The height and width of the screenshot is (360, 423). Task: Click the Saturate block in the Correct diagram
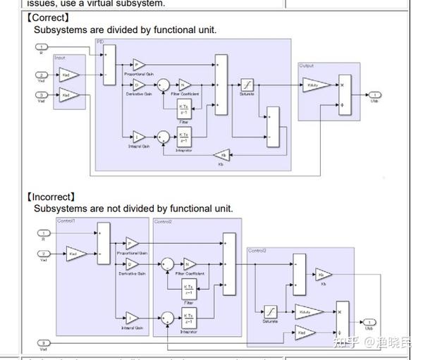pos(246,85)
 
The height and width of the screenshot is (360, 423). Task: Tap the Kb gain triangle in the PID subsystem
pos(223,155)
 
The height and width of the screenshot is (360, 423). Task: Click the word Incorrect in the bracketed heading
pos(52,197)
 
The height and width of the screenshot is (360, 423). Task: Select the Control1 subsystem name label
pos(66,221)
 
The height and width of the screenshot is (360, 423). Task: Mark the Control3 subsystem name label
pos(257,251)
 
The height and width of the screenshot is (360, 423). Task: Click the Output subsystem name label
pos(307,66)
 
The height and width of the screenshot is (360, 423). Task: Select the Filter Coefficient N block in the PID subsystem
pos(185,85)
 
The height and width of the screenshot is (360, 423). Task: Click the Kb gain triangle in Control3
pos(323,275)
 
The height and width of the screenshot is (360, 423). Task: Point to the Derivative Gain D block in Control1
pos(132,265)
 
